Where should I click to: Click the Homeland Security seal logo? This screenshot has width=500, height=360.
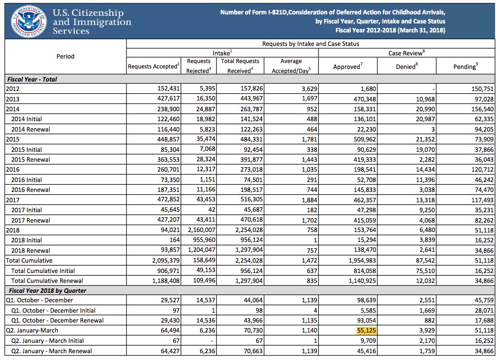[28, 20]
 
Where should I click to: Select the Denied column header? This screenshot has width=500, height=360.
[408, 67]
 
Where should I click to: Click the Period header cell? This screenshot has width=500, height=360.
[65, 56]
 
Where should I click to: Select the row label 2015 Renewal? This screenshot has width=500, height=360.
[31, 159]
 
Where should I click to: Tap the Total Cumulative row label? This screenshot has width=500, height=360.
[29, 260]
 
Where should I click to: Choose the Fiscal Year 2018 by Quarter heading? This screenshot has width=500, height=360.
[46, 291]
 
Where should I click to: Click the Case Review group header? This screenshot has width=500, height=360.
[407, 53]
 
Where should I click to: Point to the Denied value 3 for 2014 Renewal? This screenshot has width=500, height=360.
[433, 129]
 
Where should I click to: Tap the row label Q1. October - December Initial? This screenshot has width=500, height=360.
[53, 310]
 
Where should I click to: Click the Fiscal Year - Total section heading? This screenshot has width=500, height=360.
[32, 79]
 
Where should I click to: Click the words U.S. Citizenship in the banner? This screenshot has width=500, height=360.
[88, 13]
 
